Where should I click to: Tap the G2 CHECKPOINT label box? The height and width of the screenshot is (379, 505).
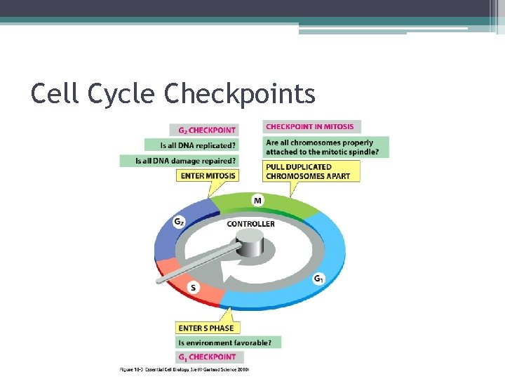[203, 130]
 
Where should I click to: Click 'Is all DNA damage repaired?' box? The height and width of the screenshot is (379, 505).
[187, 161]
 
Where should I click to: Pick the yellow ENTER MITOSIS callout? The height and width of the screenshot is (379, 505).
[208, 175]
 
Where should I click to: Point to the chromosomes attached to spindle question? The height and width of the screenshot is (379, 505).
[325, 147]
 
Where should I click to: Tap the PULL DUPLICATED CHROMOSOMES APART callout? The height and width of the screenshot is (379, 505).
[311, 171]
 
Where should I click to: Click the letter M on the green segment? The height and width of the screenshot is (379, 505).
[258, 201]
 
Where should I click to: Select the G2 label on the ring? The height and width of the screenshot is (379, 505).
[179, 222]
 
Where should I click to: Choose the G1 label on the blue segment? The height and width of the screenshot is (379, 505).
[318, 279]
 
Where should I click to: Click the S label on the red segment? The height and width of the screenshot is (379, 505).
[194, 287]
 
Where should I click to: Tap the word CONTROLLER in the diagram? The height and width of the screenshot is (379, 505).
[250, 224]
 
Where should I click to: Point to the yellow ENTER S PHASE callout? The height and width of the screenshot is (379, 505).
[206, 328]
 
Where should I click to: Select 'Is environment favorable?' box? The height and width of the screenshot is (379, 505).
[229, 343]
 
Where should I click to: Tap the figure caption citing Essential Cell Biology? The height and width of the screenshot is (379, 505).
[184, 368]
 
